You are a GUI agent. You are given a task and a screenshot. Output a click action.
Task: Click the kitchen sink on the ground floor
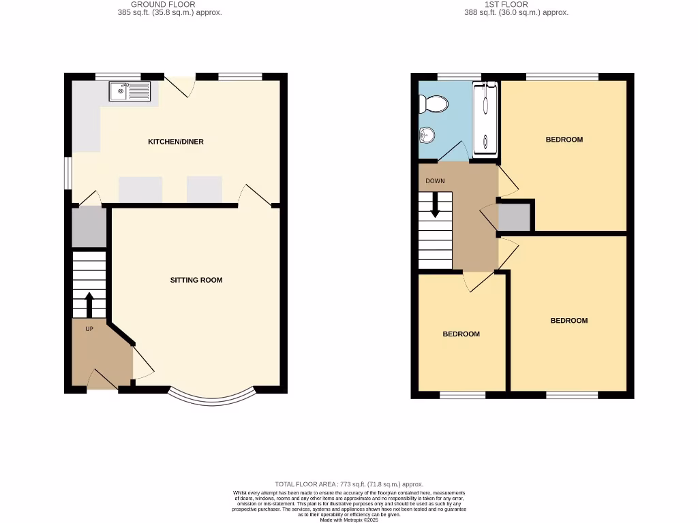click(130, 91)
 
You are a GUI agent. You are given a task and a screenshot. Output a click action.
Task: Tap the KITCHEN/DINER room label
click(176, 142)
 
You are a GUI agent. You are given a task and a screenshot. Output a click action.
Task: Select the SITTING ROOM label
click(196, 280)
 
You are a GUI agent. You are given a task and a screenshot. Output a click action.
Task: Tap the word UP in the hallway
click(89, 329)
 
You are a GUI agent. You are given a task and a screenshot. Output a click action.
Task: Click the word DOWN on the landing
click(435, 181)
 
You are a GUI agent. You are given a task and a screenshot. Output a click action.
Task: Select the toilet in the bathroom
click(434, 104)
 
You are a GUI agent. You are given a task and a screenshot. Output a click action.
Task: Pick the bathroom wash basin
click(427, 136)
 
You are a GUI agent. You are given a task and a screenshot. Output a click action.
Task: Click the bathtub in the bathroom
click(485, 117)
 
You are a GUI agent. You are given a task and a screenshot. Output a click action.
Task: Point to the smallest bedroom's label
click(461, 334)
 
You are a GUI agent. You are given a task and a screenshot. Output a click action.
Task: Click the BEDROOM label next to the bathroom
click(564, 140)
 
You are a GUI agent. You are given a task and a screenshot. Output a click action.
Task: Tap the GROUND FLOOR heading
click(163, 4)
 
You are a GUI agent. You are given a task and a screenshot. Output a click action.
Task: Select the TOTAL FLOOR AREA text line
click(349, 484)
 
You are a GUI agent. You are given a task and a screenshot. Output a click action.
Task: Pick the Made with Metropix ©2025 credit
click(349, 520)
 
